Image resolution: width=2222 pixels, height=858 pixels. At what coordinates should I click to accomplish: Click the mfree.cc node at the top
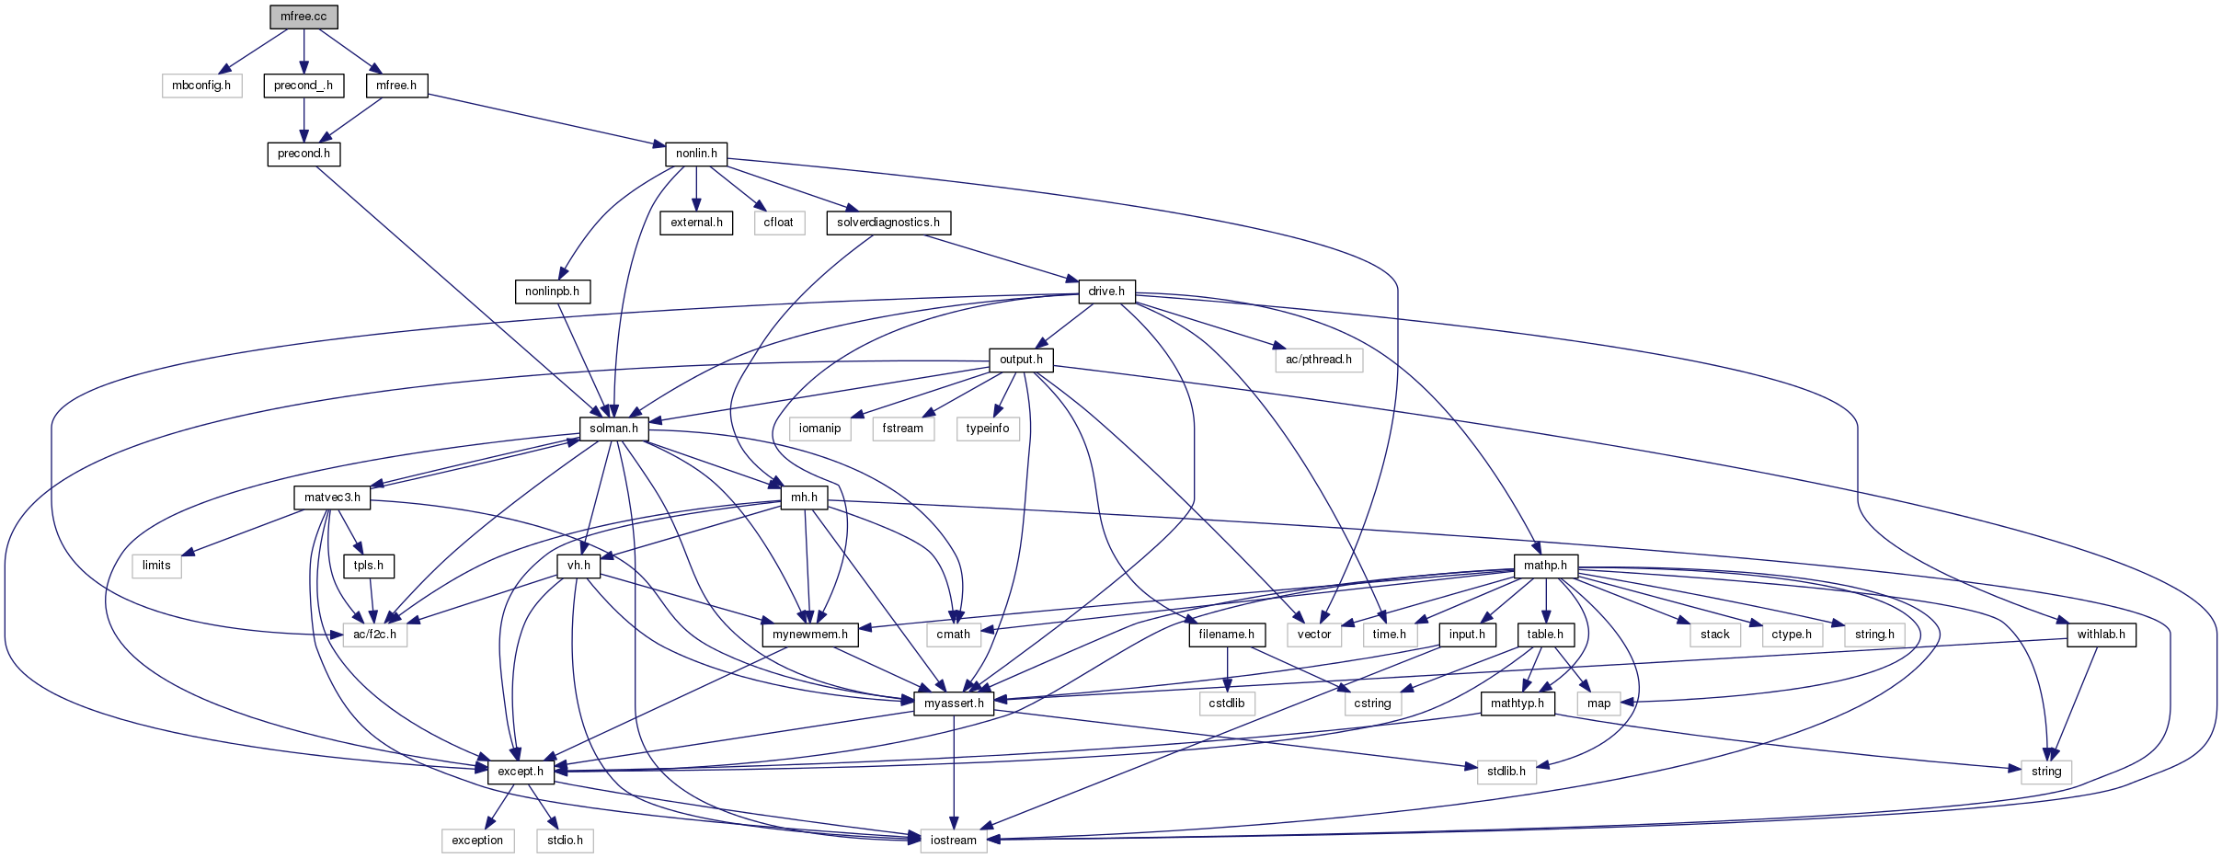point(304,17)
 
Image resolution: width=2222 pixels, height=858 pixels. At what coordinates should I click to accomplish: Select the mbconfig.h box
point(201,86)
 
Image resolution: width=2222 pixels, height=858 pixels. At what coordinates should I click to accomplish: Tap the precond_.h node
point(304,86)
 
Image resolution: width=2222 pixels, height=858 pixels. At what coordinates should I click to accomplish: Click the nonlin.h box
point(696,154)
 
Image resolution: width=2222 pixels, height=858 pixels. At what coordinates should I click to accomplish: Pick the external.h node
point(696,223)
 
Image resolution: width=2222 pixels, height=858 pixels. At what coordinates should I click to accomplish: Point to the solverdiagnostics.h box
point(888,223)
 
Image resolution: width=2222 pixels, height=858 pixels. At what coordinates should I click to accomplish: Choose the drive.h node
point(1106,292)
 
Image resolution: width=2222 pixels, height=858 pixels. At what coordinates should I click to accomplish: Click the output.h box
point(1021,360)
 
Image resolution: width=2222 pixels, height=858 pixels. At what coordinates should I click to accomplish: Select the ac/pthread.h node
point(1318,360)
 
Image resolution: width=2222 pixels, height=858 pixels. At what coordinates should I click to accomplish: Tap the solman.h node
point(613,429)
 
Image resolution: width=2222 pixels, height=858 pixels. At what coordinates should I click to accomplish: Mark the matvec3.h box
point(332,498)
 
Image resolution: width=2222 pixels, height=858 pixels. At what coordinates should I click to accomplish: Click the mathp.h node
point(1545,566)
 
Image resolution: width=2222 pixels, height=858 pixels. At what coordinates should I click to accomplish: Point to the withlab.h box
point(2101,635)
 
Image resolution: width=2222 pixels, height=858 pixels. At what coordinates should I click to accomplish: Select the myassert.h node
point(954,704)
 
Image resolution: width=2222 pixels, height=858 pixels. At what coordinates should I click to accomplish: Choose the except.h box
point(521,772)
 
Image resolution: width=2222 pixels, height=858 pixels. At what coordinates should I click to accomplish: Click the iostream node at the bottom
point(954,841)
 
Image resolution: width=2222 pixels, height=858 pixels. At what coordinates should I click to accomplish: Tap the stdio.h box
point(565,841)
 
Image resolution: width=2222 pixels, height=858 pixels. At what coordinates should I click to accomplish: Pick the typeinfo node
point(988,429)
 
